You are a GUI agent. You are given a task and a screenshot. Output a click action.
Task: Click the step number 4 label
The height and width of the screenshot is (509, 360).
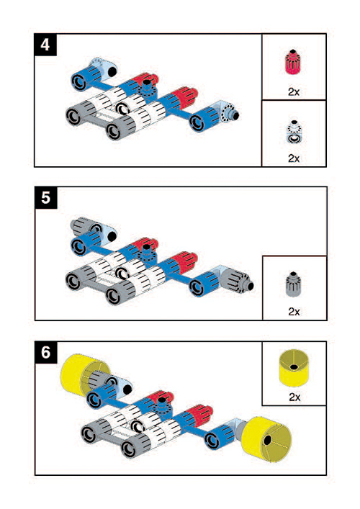coord(45,45)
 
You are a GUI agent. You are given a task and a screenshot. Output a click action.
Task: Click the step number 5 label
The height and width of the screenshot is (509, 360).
coord(46,198)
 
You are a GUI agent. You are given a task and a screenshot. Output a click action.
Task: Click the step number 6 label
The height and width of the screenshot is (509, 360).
coord(46,352)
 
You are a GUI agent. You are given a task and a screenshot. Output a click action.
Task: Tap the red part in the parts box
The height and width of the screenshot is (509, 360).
coord(294,62)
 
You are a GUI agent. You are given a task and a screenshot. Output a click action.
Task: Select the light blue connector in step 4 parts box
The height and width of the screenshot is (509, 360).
coord(294,132)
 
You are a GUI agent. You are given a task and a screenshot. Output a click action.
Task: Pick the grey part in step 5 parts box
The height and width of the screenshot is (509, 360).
coord(294,284)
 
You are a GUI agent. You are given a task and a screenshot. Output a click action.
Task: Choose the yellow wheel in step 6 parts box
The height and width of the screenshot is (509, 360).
coord(294,368)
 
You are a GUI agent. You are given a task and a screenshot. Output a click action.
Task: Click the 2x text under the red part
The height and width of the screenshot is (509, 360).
coord(294,92)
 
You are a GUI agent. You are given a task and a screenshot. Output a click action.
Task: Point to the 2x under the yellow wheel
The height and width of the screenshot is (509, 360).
coord(294,397)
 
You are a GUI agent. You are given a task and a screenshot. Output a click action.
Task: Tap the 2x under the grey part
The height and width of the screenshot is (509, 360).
coord(294,312)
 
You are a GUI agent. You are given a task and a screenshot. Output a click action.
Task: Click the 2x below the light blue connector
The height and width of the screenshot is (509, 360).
coord(294,158)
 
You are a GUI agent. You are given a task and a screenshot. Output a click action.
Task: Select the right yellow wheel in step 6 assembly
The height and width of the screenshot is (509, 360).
coord(266,439)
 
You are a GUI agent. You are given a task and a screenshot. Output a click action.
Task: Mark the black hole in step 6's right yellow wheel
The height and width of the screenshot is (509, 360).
coord(268,441)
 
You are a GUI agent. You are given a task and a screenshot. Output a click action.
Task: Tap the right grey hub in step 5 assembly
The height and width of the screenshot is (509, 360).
coord(237,280)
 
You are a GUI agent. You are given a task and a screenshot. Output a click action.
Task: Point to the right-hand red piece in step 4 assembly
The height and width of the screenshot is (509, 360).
coord(184,96)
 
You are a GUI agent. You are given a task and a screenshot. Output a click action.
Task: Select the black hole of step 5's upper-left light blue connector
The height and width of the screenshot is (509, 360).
coord(112,236)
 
